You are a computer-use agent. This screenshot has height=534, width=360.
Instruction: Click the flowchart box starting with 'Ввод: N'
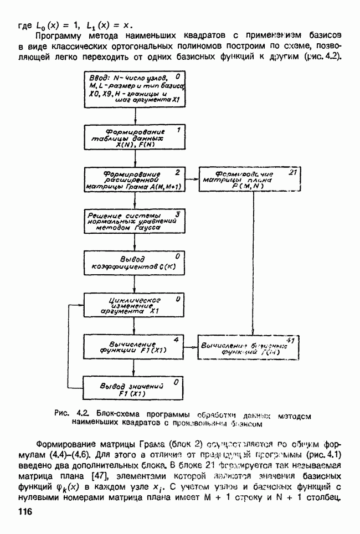point(135,89)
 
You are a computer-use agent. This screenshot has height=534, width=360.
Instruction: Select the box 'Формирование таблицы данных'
point(135,137)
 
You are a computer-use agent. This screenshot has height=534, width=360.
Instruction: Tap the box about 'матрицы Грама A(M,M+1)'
point(135,179)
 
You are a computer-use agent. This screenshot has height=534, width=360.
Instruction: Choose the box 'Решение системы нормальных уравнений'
point(135,221)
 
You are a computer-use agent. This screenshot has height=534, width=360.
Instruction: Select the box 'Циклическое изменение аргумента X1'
point(135,305)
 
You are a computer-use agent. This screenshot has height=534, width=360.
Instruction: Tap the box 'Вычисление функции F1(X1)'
point(135,347)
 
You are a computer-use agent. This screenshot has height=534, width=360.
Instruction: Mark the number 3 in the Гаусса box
point(177,214)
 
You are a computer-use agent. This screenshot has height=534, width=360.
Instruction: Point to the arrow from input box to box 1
point(135,115)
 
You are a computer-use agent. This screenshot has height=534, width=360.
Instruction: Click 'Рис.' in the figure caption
point(61,413)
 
